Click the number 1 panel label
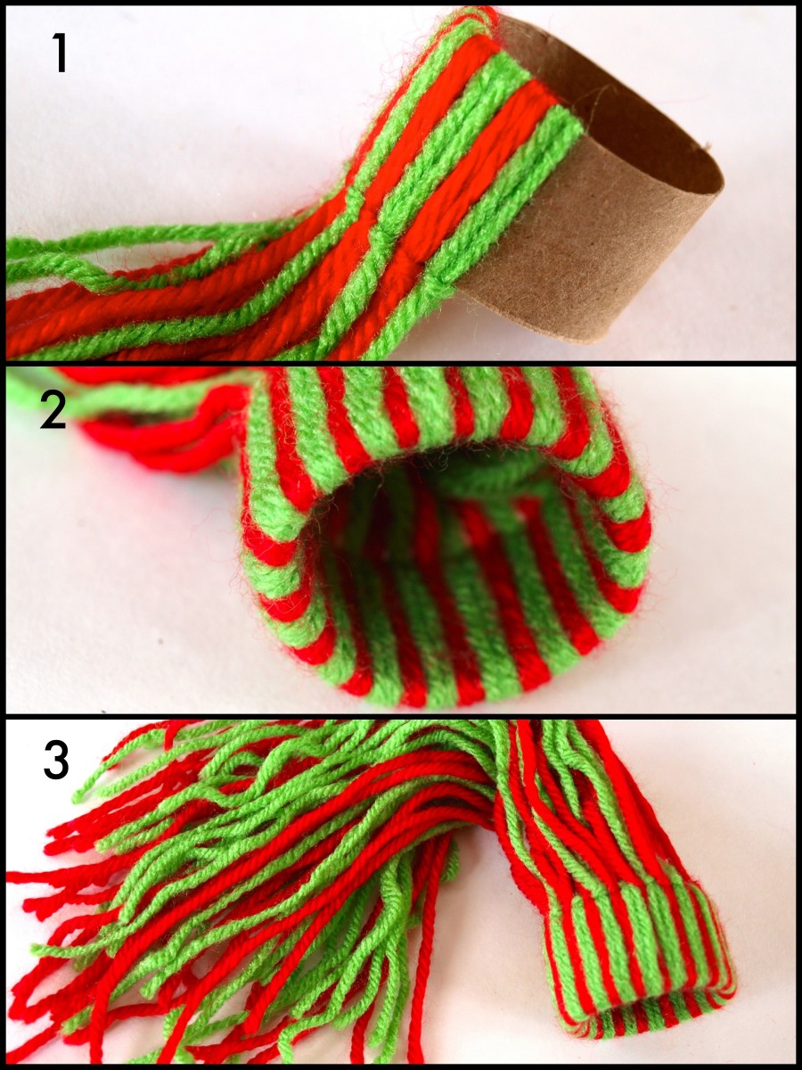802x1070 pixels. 59,53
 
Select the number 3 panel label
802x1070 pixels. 55,760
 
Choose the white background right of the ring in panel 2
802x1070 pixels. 722,553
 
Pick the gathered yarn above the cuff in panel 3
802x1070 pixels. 570,802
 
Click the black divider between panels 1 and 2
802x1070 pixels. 401,363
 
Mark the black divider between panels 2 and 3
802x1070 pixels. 401,716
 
